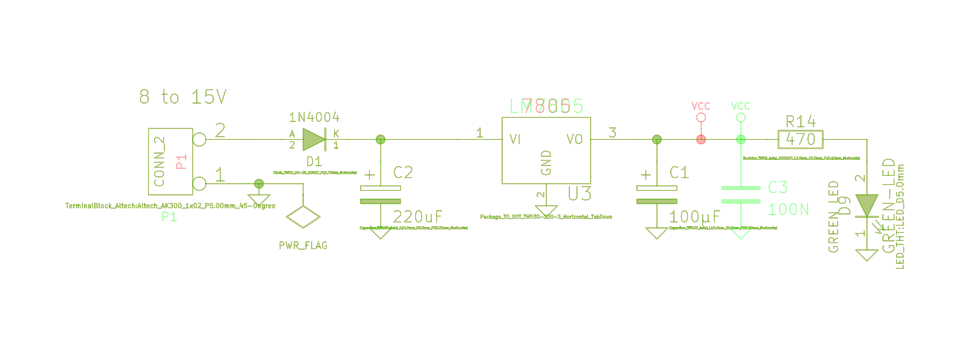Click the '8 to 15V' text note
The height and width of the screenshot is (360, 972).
[183, 97]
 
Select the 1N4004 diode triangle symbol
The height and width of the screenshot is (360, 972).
[313, 140]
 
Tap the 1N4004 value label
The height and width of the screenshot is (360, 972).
[314, 117]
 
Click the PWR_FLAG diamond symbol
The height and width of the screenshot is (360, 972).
[303, 217]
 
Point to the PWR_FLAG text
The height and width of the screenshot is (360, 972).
[303, 246]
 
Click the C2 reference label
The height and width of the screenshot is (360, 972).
[403, 172]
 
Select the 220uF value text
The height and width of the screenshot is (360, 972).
[417, 217]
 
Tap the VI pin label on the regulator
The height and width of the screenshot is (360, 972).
[515, 140]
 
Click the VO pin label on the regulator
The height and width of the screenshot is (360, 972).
[574, 140]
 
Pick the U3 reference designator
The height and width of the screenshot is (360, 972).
[580, 193]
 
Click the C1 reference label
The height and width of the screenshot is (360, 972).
[679, 172]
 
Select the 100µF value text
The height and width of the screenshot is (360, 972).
[694, 217]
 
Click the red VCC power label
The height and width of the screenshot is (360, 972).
[701, 106]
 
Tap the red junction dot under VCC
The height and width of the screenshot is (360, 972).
[701, 140]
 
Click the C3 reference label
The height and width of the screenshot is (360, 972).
[777, 187]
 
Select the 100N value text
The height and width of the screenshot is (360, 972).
[788, 209]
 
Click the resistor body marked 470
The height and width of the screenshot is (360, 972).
[801, 140]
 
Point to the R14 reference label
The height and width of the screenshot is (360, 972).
[801, 121]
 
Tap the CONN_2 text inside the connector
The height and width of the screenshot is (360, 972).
[160, 161]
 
